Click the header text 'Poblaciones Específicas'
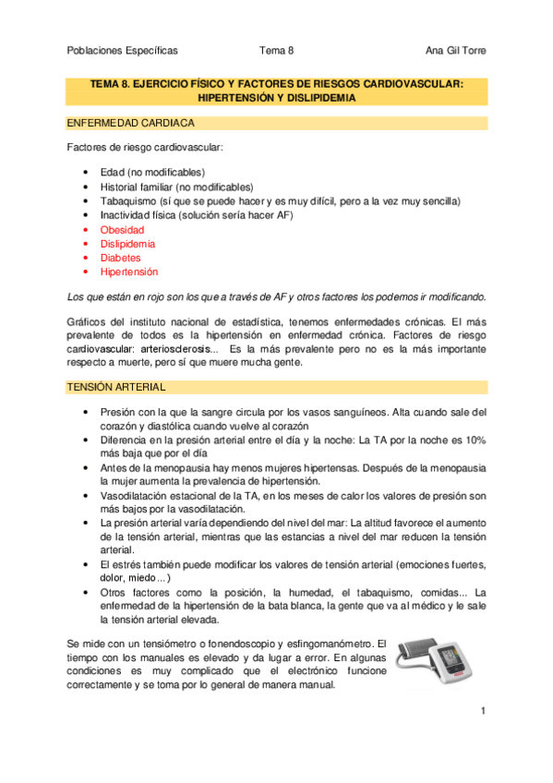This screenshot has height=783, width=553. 123,51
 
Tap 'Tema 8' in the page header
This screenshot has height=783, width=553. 276,51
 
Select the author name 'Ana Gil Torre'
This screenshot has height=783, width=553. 455,51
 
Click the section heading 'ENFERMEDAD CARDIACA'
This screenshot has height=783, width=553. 130,123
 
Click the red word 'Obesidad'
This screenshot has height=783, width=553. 122,229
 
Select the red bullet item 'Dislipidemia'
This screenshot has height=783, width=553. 127,244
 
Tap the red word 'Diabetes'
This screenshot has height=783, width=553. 120,258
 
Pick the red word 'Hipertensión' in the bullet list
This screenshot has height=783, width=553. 129,272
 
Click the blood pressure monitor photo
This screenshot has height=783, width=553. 439,661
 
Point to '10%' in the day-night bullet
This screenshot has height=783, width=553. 474,441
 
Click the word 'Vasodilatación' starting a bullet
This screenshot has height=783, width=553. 135,496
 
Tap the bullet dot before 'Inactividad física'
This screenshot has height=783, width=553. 85,215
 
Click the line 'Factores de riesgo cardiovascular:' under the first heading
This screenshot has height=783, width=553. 145,148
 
